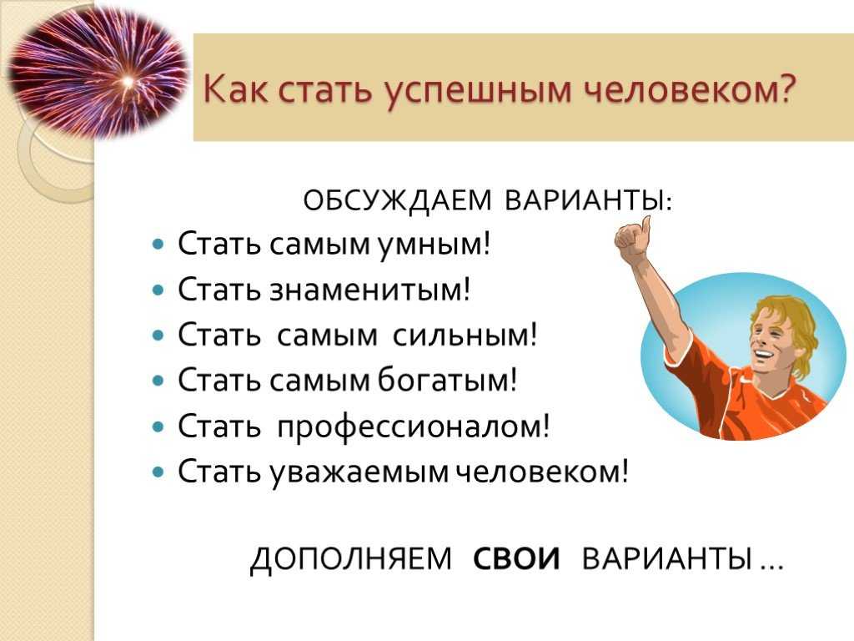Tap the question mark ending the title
786,86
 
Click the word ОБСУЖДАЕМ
397,200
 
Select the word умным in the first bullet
434,245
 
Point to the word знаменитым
369,290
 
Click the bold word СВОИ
516,559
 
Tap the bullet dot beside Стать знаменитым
158,290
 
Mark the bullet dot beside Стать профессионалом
158,426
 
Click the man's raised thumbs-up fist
633,238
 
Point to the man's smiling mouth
764,356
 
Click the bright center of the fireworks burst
128,82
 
